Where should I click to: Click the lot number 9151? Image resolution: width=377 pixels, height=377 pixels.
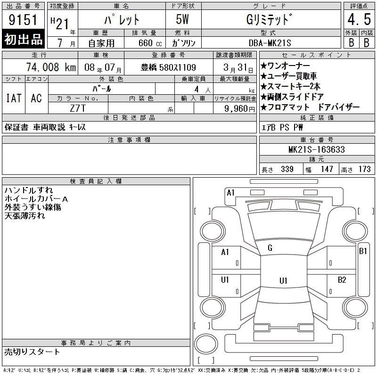[x=23, y=19]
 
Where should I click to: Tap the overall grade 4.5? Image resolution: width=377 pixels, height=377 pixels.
[x=359, y=19]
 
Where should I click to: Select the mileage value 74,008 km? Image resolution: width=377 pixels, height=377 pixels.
[x=51, y=67]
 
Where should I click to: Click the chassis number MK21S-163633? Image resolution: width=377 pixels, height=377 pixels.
[x=317, y=149]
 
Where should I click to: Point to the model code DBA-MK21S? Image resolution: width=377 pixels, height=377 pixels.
[x=270, y=43]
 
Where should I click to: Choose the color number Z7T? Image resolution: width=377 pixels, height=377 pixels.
[x=78, y=108]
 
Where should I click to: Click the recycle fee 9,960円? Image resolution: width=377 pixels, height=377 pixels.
[x=239, y=109]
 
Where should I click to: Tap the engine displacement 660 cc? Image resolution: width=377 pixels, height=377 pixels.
[x=150, y=43]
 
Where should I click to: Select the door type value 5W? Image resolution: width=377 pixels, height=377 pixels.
[x=182, y=19]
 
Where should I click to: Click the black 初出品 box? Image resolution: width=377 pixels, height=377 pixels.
[x=23, y=39]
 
